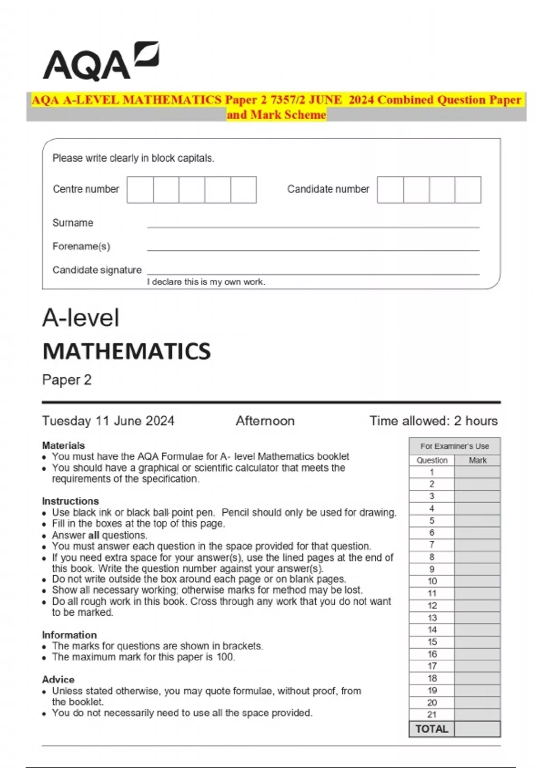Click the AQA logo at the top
[100, 62]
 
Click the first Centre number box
[140, 190]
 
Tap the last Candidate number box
[468, 190]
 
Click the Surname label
[73, 223]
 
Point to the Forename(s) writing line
[313, 249]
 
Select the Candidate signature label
[97, 270]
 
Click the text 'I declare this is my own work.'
[206, 282]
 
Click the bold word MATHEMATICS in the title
[126, 351]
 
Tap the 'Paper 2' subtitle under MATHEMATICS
[67, 380]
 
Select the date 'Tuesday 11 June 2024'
[108, 421]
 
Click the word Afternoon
[265, 421]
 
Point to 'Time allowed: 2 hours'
[434, 421]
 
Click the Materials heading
[63, 445]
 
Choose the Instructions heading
[70, 501]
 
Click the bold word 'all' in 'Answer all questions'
[93, 535]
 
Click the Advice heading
[58, 679]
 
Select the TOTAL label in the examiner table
[432, 729]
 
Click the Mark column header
[477, 460]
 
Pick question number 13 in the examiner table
[432, 618]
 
